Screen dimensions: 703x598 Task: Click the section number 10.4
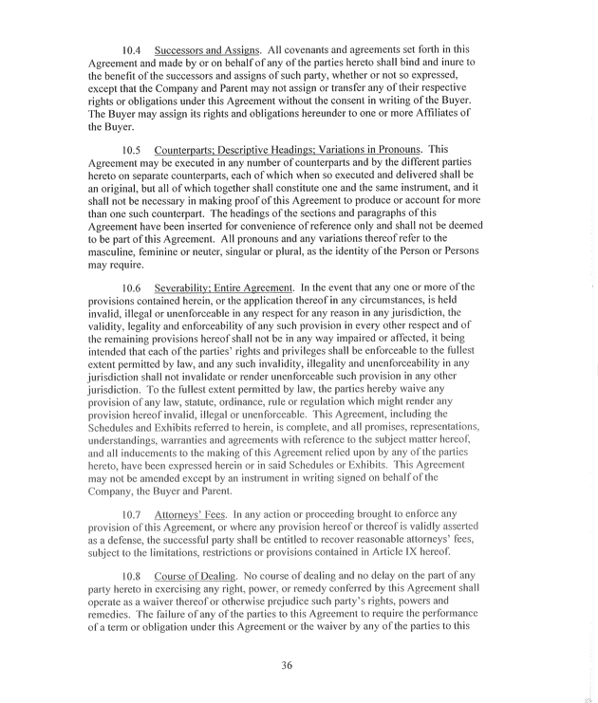point(134,49)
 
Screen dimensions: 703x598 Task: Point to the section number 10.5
point(134,150)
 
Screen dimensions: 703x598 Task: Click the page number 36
point(287,665)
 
